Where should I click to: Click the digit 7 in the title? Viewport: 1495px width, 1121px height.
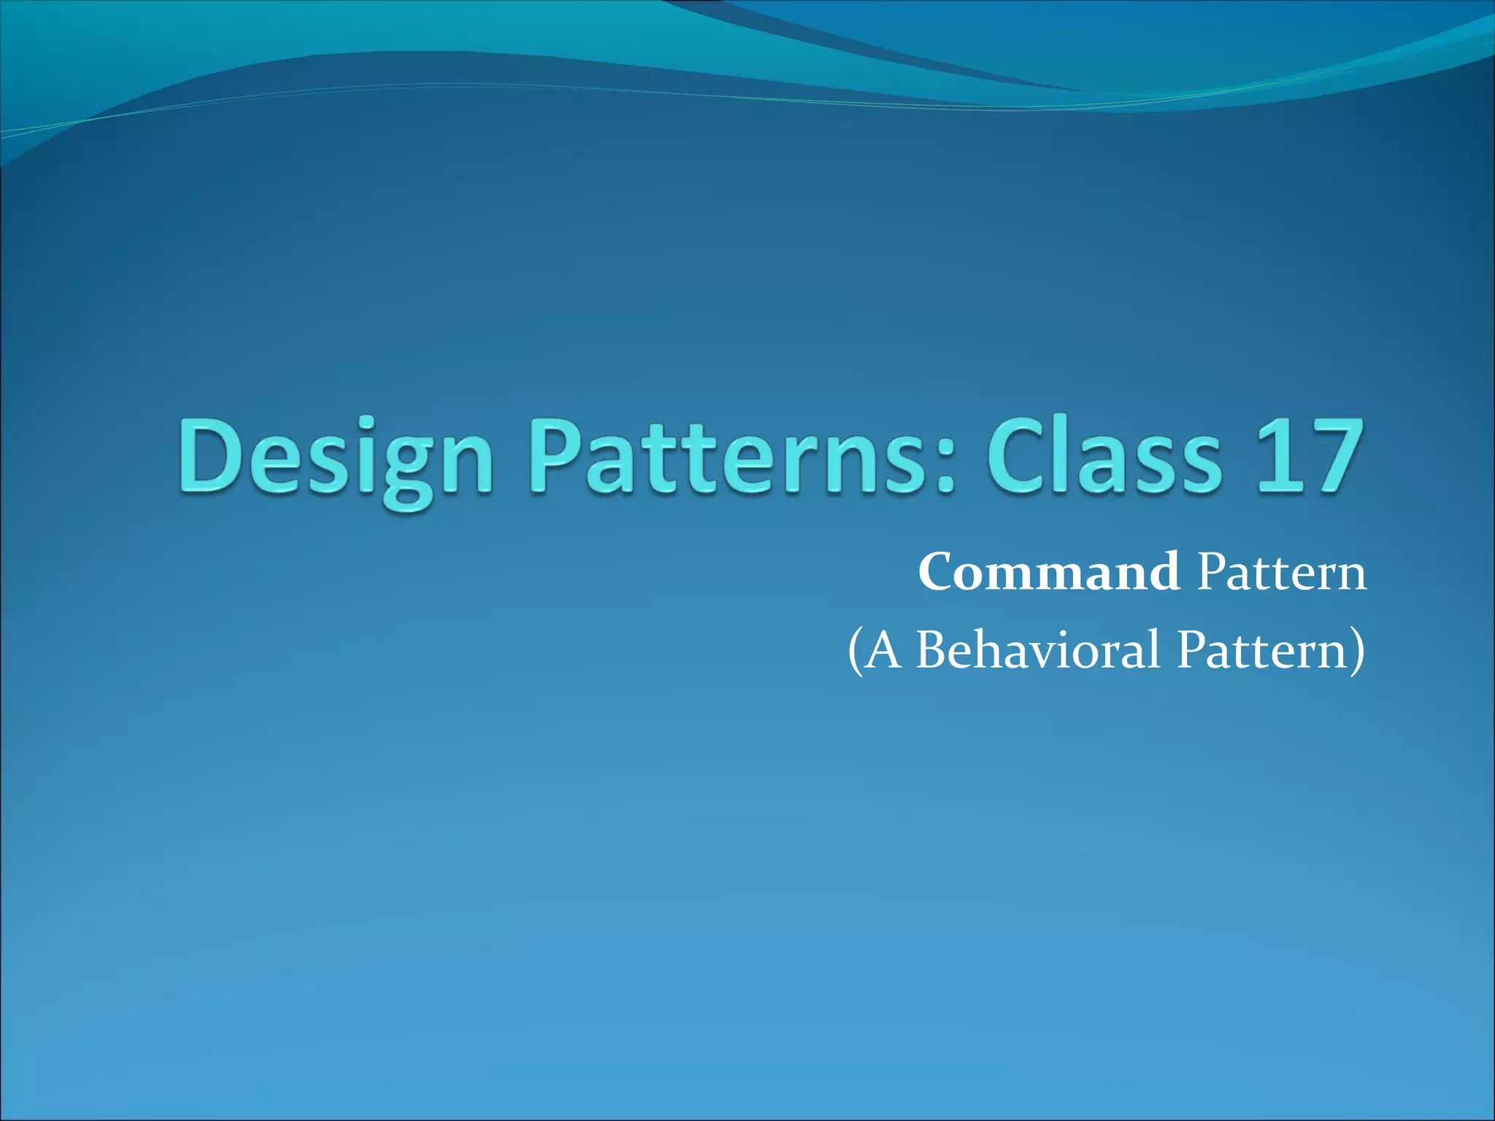[x=1334, y=456]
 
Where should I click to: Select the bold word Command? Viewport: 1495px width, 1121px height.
[x=1049, y=572]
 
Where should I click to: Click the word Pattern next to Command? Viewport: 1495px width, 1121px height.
[x=1282, y=572]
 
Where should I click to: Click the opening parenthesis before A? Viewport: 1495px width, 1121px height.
[x=855, y=651]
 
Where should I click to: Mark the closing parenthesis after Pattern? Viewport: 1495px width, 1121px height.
[x=1357, y=651]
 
